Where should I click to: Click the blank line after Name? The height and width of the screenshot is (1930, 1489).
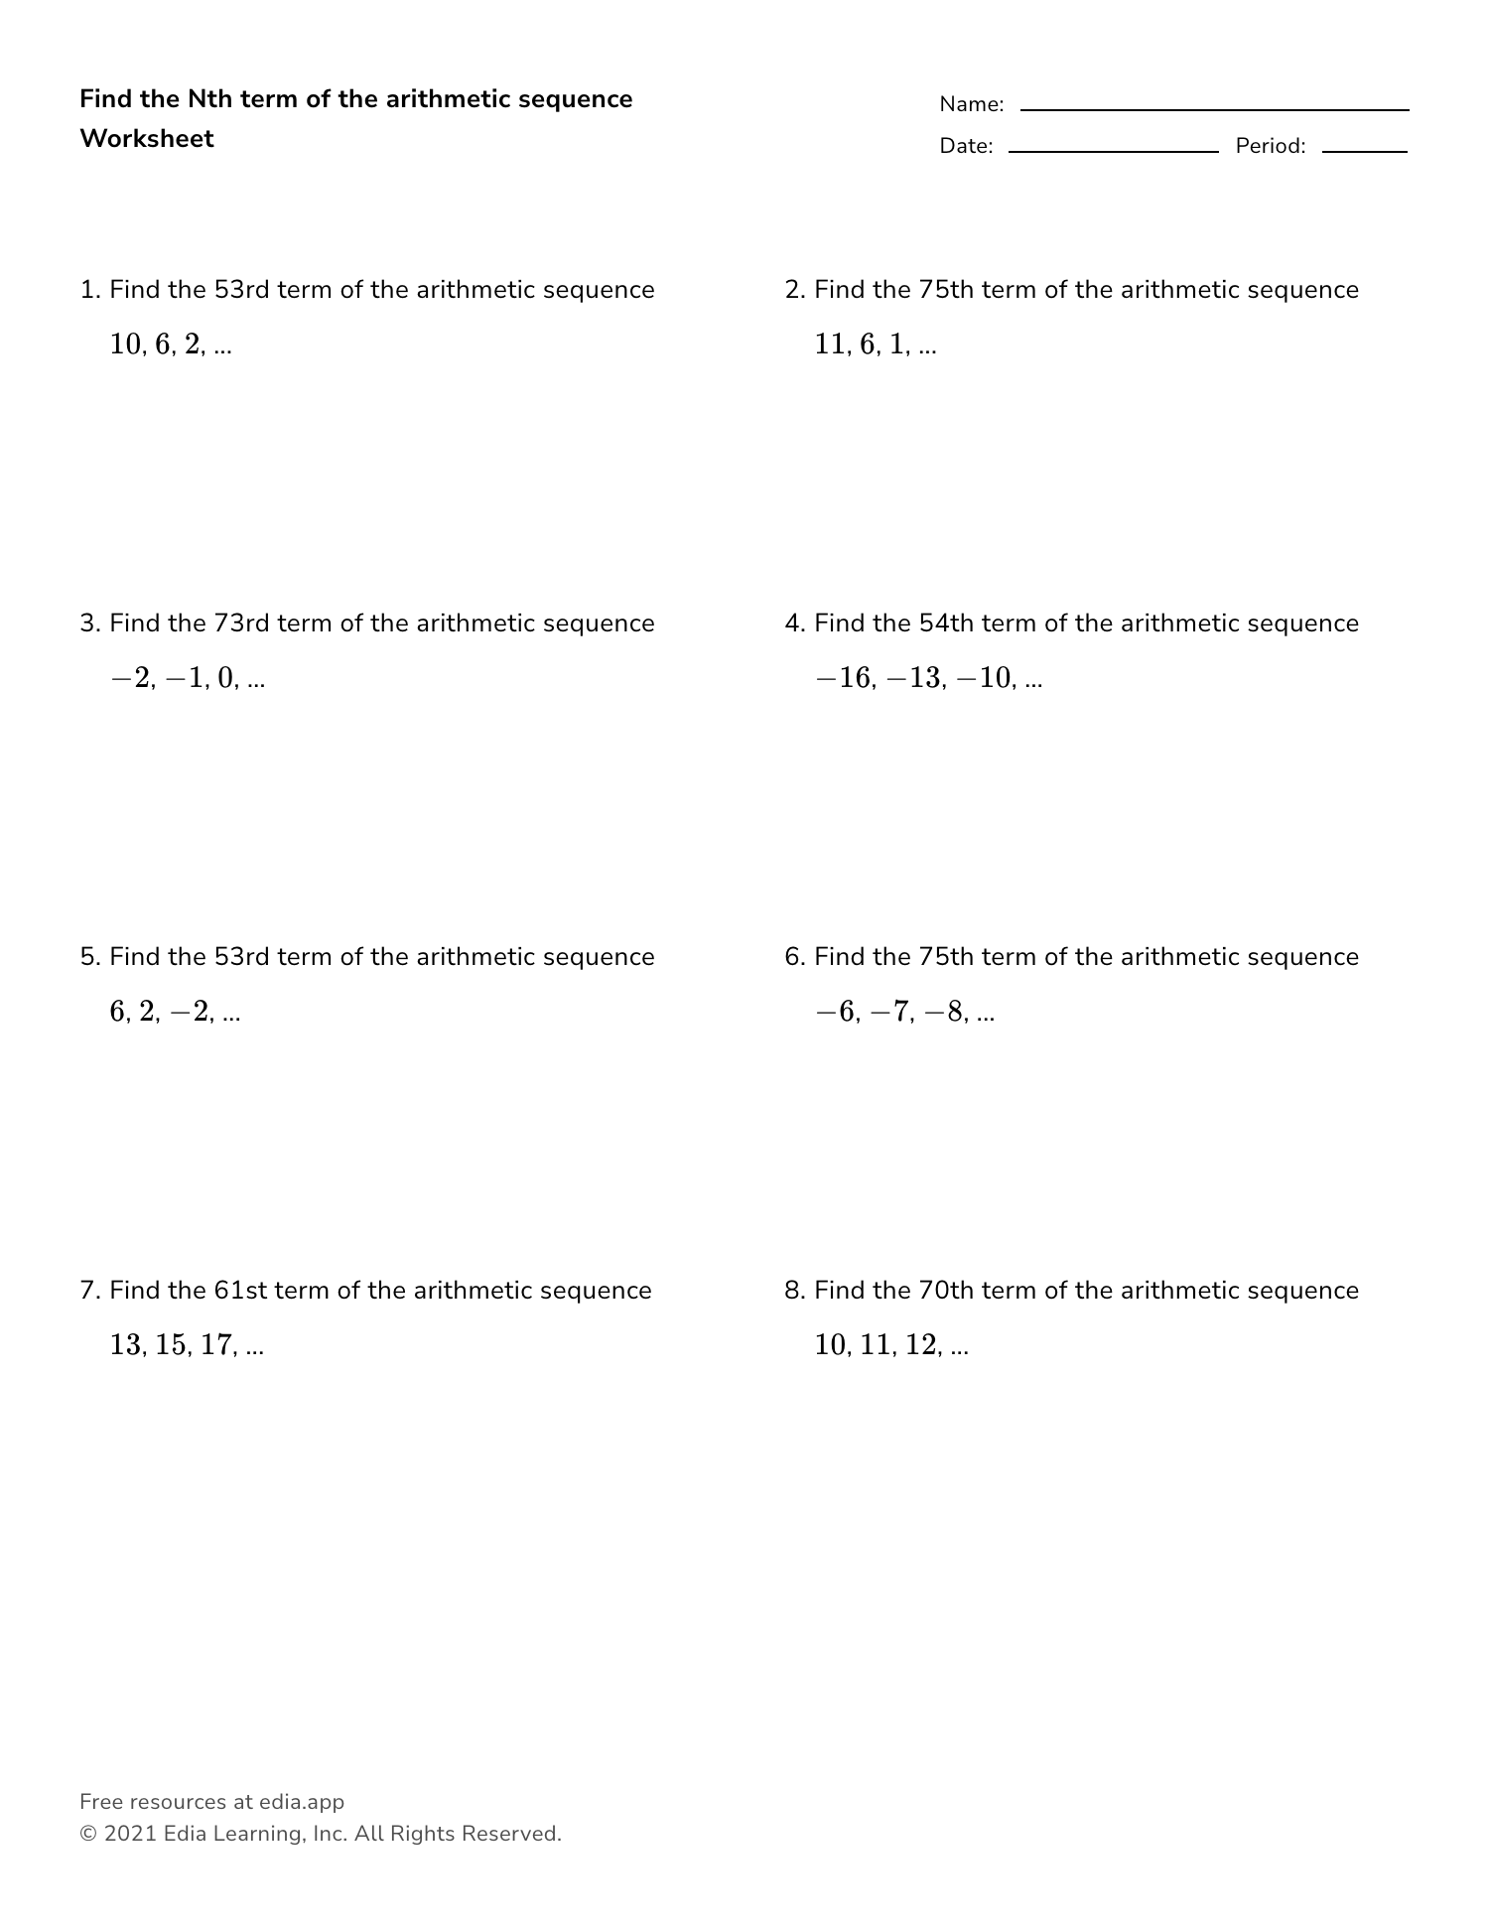tap(1214, 108)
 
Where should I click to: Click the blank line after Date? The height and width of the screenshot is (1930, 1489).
tap(1113, 150)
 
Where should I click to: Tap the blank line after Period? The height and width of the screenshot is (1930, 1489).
tap(1364, 150)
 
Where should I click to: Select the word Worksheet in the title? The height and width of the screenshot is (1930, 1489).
tap(147, 139)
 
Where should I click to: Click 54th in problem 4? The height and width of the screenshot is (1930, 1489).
tap(947, 623)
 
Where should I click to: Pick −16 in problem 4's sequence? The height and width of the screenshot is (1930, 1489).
tap(843, 678)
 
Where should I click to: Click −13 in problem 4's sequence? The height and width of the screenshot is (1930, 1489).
tap(913, 678)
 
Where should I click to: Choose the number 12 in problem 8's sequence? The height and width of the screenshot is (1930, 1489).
tap(922, 1345)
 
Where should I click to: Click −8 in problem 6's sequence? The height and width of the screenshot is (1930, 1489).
tap(944, 1012)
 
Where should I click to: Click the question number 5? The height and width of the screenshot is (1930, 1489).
tap(88, 957)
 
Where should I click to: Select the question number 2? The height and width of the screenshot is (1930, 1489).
tap(792, 290)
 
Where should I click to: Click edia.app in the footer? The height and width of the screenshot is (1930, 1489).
tap(302, 1802)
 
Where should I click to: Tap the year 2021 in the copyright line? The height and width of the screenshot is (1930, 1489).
tap(130, 1834)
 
